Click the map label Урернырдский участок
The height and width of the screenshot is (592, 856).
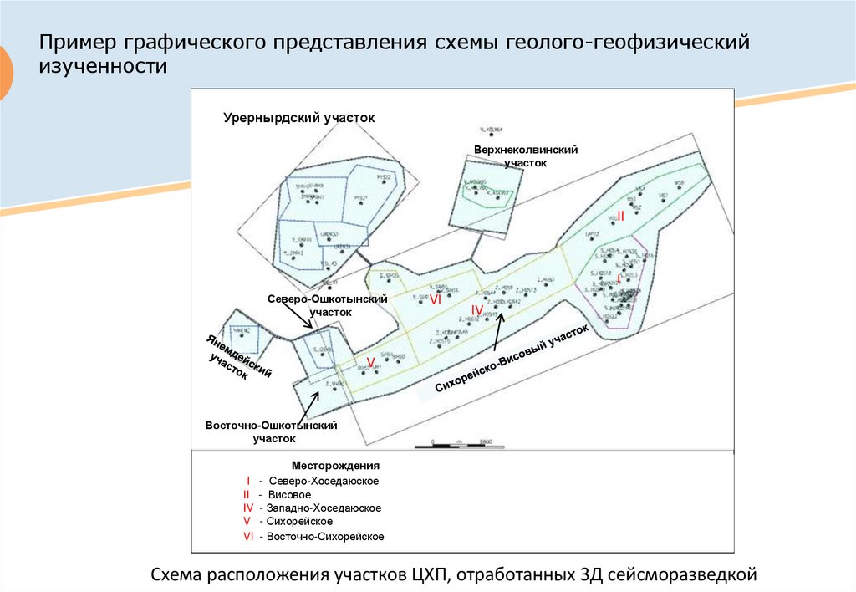click(299, 118)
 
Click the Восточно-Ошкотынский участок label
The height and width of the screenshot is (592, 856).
click(271, 431)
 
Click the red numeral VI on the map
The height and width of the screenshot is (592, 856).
click(435, 299)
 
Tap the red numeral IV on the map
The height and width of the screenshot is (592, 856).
click(476, 310)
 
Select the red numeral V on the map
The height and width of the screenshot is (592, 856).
click(369, 361)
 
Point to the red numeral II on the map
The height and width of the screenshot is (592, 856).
click(620, 216)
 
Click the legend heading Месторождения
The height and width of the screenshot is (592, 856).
click(336, 465)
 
